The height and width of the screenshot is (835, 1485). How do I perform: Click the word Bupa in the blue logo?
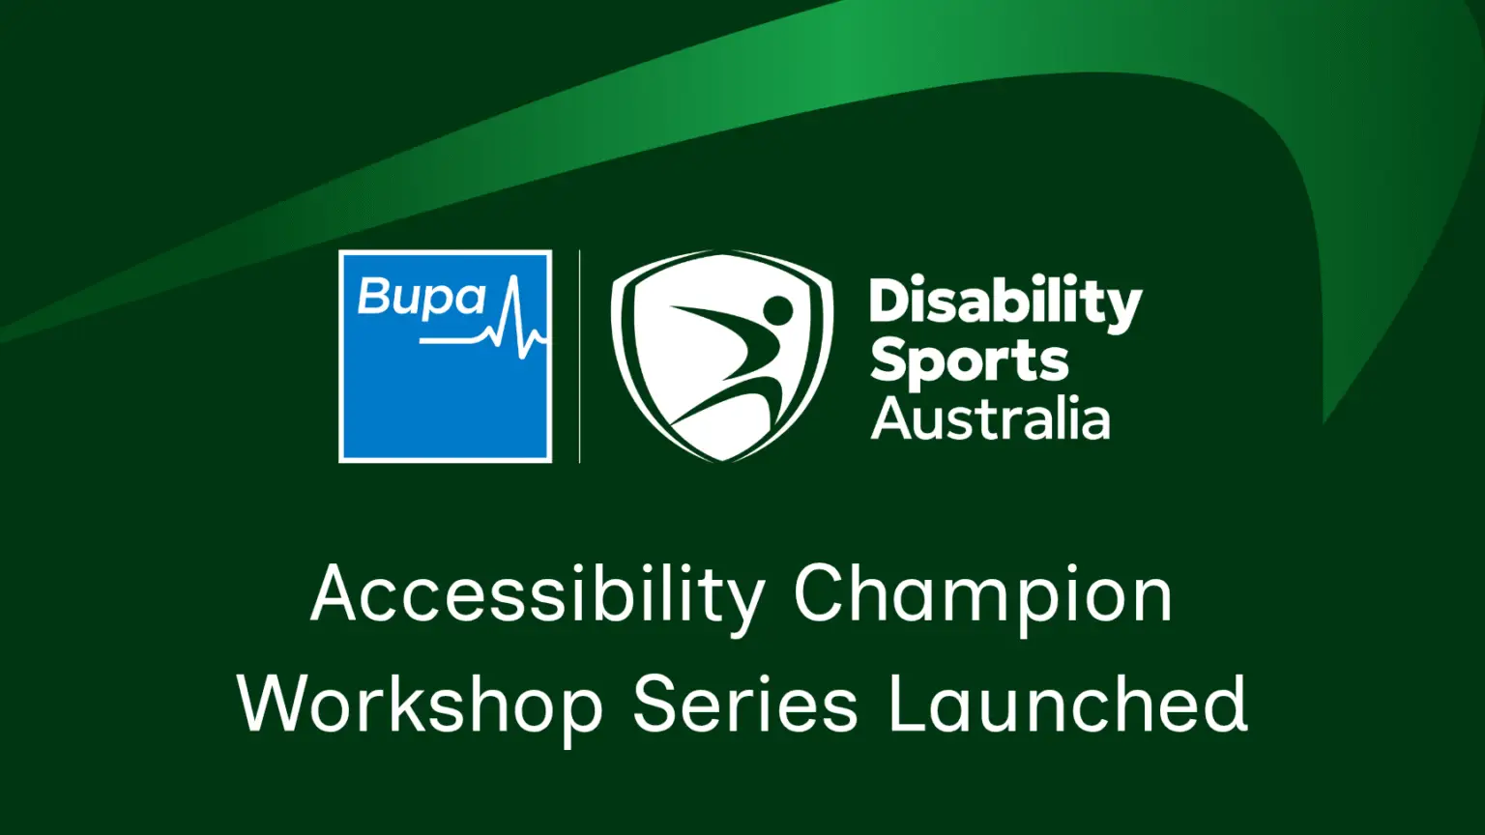coord(422,299)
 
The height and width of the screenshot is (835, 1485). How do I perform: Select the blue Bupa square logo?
coord(445,357)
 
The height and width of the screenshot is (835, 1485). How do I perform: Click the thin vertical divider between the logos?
coord(579,357)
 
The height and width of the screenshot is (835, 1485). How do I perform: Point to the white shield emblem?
coord(721,356)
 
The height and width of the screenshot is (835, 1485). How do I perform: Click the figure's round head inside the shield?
coord(777,309)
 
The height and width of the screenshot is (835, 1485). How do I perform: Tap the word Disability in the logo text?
coord(1005,304)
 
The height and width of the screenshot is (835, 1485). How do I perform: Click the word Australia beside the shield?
coord(990,418)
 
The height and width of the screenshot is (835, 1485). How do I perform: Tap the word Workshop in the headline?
coord(421,706)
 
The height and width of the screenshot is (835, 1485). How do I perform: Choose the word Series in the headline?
coord(745,704)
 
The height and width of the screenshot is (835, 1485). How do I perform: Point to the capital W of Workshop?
coord(280,704)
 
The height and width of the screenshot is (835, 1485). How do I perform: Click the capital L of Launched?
coord(908,704)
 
